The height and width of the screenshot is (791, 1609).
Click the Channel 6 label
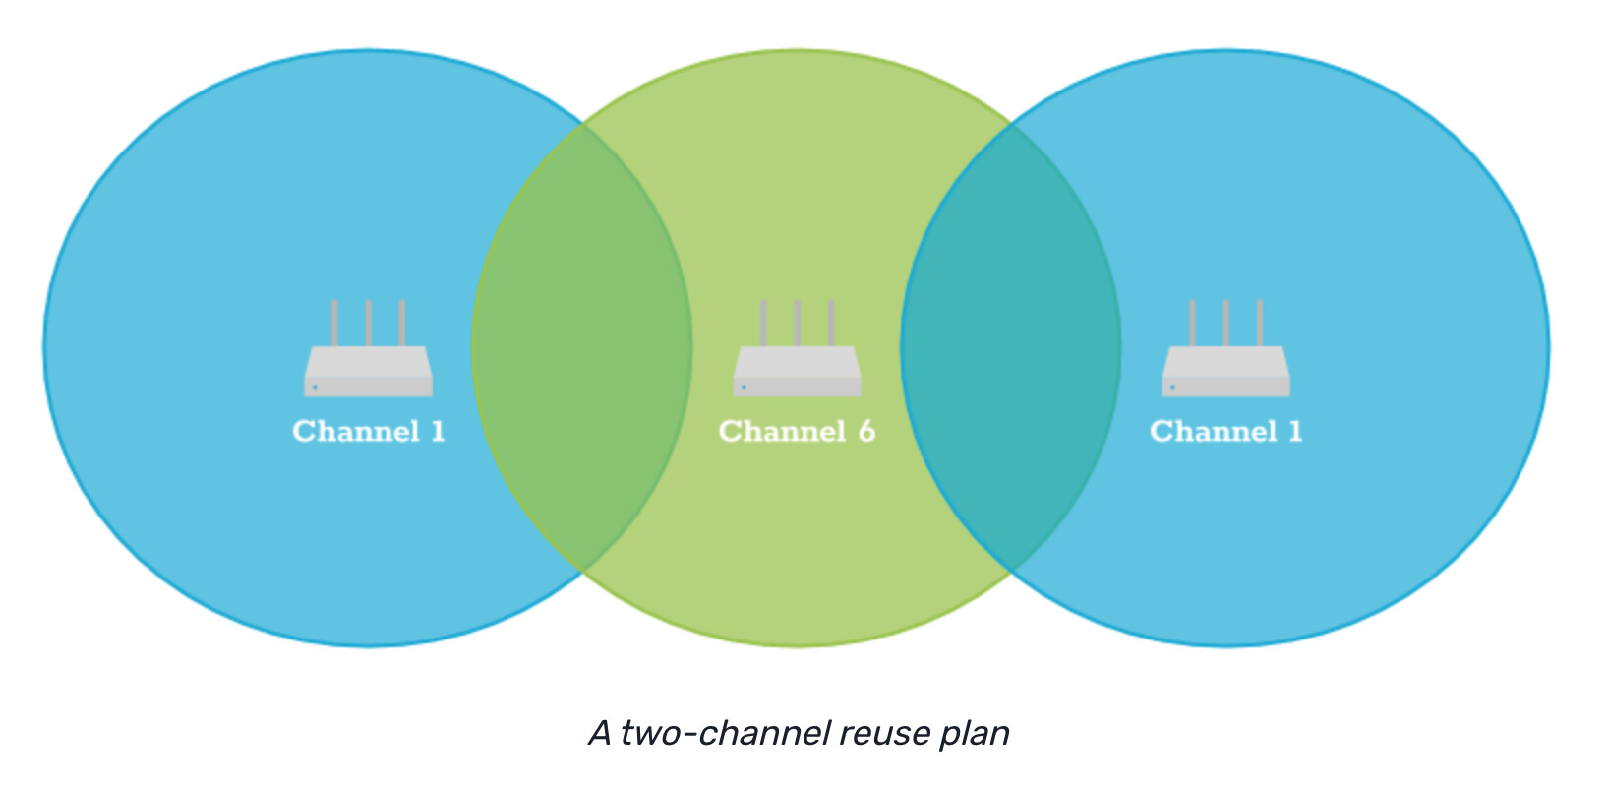(x=797, y=431)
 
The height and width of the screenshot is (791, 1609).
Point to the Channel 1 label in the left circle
(x=368, y=431)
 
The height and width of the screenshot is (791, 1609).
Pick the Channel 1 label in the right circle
(x=1225, y=431)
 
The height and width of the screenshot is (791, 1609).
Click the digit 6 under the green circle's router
(x=866, y=431)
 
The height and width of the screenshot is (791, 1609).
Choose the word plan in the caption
(x=975, y=733)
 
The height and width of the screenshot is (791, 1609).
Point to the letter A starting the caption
(x=600, y=733)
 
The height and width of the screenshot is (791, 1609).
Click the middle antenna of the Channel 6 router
(x=797, y=323)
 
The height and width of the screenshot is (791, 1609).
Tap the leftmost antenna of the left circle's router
(x=334, y=323)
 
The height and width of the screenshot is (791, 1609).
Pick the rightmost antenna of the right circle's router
(x=1259, y=323)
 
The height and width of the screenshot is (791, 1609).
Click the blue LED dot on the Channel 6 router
(x=744, y=387)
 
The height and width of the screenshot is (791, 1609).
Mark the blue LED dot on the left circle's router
(x=315, y=387)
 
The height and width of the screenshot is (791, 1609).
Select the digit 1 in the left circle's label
(x=438, y=431)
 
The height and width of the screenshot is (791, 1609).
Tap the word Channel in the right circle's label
(x=1213, y=431)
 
